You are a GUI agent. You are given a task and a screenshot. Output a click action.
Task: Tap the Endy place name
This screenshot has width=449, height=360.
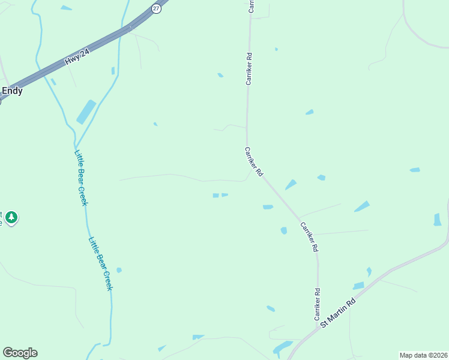12,91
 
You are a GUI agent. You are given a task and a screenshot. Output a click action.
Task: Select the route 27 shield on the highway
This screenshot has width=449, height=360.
156,8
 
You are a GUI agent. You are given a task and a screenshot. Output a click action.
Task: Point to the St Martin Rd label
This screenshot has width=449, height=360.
338,313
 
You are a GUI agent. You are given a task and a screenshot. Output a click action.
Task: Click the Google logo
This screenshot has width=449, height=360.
20,353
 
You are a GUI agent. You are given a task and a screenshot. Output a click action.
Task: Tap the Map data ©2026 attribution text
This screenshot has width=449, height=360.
423,355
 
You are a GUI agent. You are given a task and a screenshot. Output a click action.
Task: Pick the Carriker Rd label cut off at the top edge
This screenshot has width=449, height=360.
251,6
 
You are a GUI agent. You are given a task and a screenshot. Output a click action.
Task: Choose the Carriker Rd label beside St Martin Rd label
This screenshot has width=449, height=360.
316,304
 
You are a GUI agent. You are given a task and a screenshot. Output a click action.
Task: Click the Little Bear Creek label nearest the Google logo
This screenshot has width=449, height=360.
101,264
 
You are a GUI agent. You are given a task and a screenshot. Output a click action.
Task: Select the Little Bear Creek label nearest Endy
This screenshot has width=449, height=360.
81,178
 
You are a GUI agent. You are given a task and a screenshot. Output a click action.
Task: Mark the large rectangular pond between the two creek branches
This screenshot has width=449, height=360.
86,112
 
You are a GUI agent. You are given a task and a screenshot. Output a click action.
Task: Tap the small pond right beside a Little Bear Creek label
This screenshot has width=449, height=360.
119,270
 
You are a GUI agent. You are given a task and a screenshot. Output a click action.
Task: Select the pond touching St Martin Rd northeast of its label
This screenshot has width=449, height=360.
358,286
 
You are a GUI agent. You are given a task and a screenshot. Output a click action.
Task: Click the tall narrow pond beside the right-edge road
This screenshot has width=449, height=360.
437,220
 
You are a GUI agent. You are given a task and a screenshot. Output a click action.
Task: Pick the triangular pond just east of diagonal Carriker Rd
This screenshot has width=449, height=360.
291,185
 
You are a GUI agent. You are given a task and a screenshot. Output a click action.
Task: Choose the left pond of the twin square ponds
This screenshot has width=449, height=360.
215,195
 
